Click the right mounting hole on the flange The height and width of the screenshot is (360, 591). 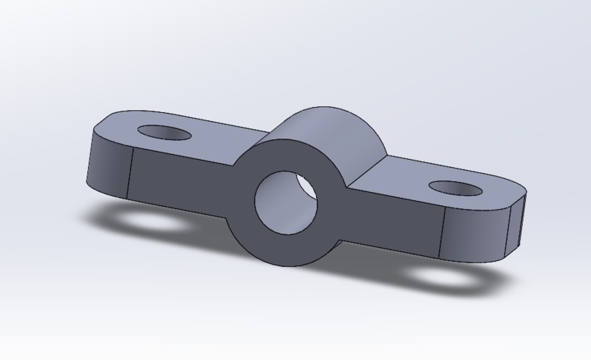pos(455,188)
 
